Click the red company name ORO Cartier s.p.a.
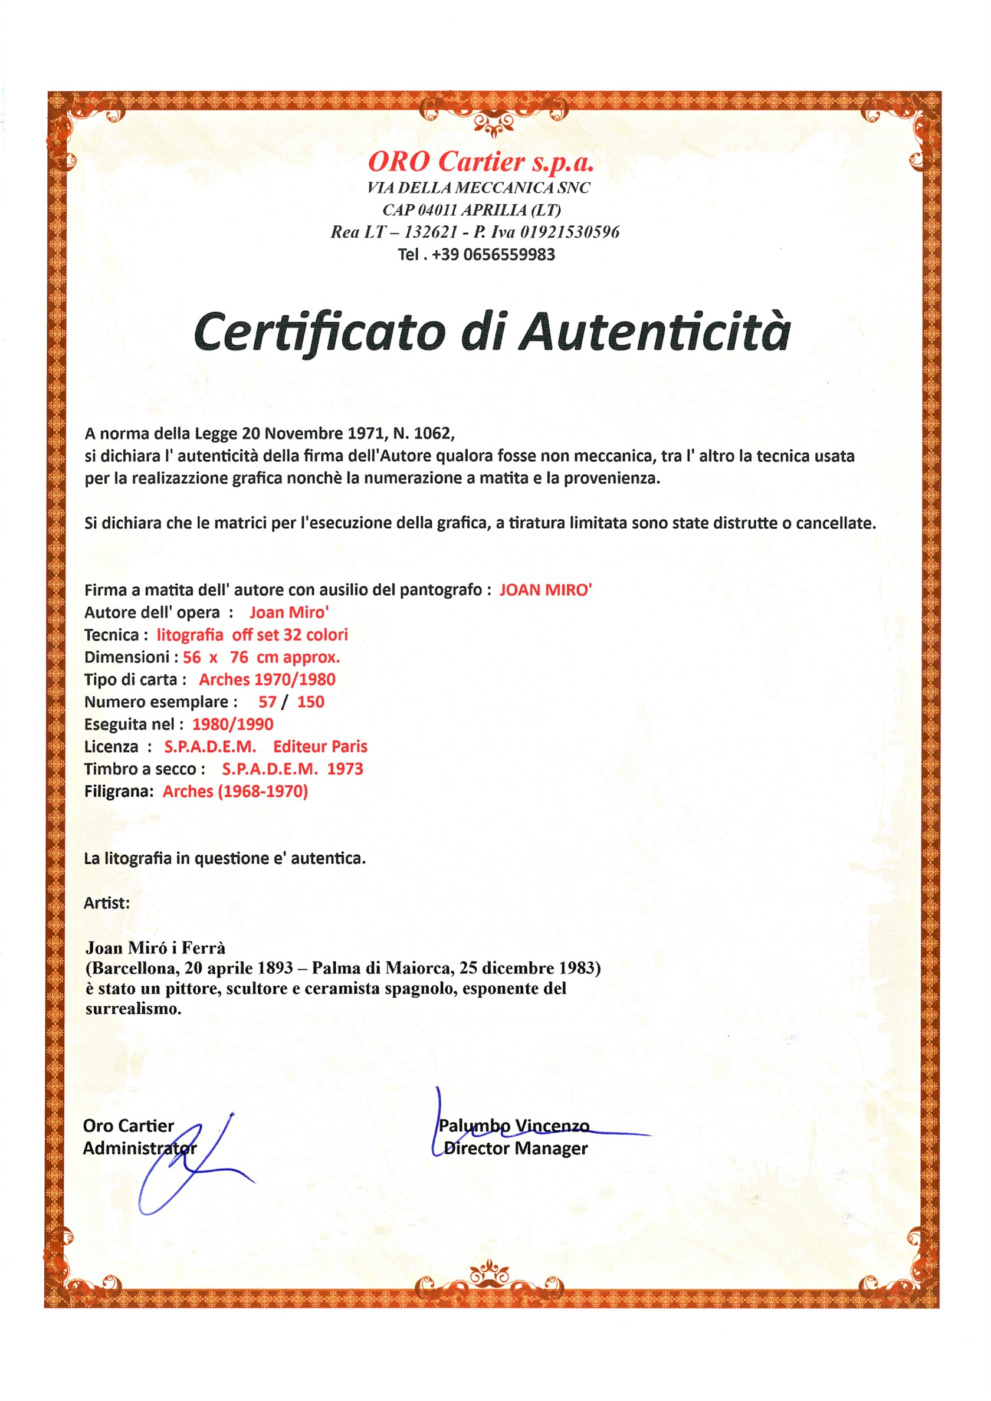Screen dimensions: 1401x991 (x=480, y=162)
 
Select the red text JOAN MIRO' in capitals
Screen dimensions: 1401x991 (x=546, y=590)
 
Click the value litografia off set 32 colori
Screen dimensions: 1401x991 (x=252, y=635)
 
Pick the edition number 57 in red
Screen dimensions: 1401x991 (x=267, y=702)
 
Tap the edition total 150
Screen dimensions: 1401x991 (x=311, y=702)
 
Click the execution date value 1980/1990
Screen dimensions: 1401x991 (x=232, y=724)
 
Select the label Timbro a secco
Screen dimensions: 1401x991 (x=145, y=769)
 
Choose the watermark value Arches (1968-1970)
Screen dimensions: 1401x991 (x=235, y=792)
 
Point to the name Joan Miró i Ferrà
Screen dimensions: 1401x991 (x=156, y=947)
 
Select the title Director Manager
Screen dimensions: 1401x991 (x=516, y=1149)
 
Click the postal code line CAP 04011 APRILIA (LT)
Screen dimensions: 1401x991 (x=471, y=210)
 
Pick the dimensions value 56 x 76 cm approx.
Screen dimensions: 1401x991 (x=261, y=657)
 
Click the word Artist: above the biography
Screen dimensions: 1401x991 (x=107, y=903)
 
